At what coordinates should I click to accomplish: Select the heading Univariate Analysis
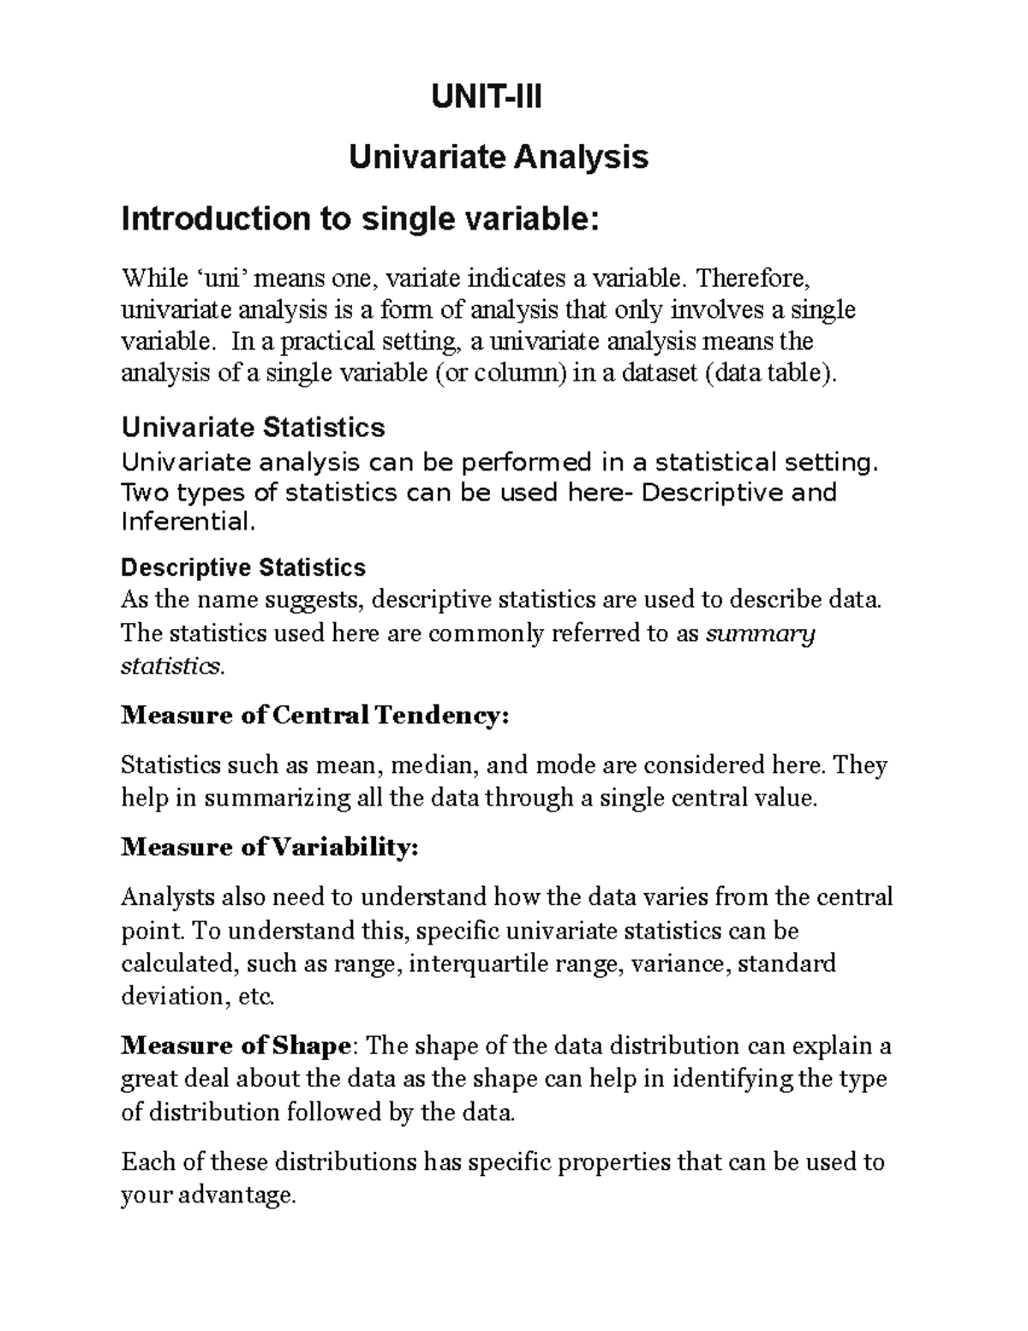pyautogui.click(x=498, y=157)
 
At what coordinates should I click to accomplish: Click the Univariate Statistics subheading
pyautogui.click(x=253, y=427)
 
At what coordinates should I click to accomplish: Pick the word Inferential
pyautogui.click(x=188, y=521)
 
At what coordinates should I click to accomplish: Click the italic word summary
pyautogui.click(x=759, y=633)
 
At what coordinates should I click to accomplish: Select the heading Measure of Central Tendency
pyautogui.click(x=315, y=715)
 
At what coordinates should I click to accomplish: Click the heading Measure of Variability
pyautogui.click(x=270, y=848)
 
